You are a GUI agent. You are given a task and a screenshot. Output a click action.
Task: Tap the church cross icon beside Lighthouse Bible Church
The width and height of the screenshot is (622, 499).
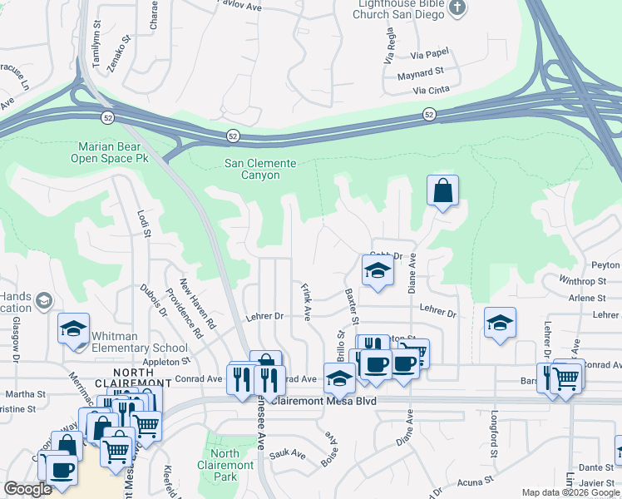457,8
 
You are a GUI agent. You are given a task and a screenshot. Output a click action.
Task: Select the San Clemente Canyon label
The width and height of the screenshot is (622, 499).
261,170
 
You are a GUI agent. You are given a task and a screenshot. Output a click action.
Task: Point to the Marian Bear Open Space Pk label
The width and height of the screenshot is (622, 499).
109,152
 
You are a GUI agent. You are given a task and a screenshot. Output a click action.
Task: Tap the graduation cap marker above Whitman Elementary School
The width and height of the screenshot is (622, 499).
73,328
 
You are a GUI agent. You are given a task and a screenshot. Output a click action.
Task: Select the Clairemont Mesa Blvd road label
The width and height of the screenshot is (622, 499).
332,401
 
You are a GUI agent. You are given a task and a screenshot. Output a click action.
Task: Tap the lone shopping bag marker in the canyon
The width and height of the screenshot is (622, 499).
443,190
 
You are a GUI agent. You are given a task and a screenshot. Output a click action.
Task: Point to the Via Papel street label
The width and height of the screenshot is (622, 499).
429,55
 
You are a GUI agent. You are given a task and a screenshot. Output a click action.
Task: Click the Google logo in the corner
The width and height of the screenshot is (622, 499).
28,488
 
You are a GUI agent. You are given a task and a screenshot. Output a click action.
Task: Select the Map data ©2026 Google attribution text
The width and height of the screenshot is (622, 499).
570,492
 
